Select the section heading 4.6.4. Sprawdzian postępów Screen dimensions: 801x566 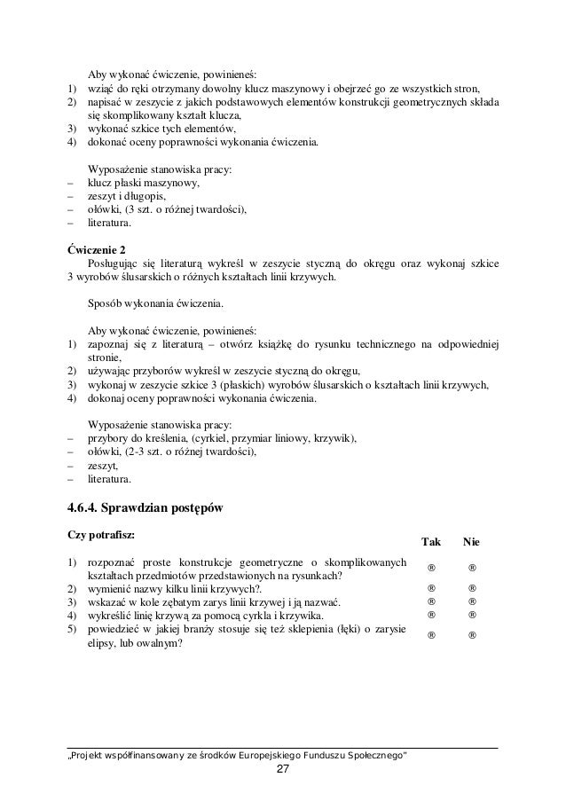click(x=145, y=508)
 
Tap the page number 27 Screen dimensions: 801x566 click(x=282, y=769)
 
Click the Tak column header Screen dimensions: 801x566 click(x=430, y=540)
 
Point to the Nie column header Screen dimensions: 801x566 click(x=472, y=540)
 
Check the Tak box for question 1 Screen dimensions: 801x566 click(x=431, y=568)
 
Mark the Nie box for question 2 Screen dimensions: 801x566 click(x=473, y=587)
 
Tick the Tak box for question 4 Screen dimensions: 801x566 click(x=431, y=614)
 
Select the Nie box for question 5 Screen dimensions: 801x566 click(x=473, y=634)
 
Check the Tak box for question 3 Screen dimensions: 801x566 click(x=431, y=601)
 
